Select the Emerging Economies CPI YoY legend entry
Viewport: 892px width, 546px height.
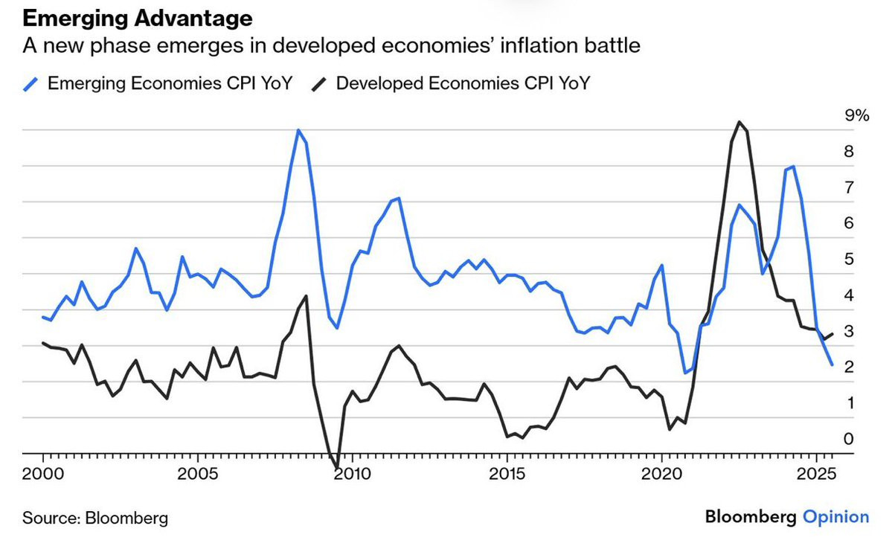point(169,83)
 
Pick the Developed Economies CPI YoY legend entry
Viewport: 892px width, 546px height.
point(463,83)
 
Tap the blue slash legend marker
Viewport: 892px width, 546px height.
point(31,83)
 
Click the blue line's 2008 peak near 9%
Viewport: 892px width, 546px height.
point(298,130)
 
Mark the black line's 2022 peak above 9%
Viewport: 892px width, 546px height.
point(738,122)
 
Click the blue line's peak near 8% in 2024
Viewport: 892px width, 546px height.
point(794,167)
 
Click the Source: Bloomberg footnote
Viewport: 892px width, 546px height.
point(95,518)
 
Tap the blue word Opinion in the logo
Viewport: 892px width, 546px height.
point(835,517)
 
